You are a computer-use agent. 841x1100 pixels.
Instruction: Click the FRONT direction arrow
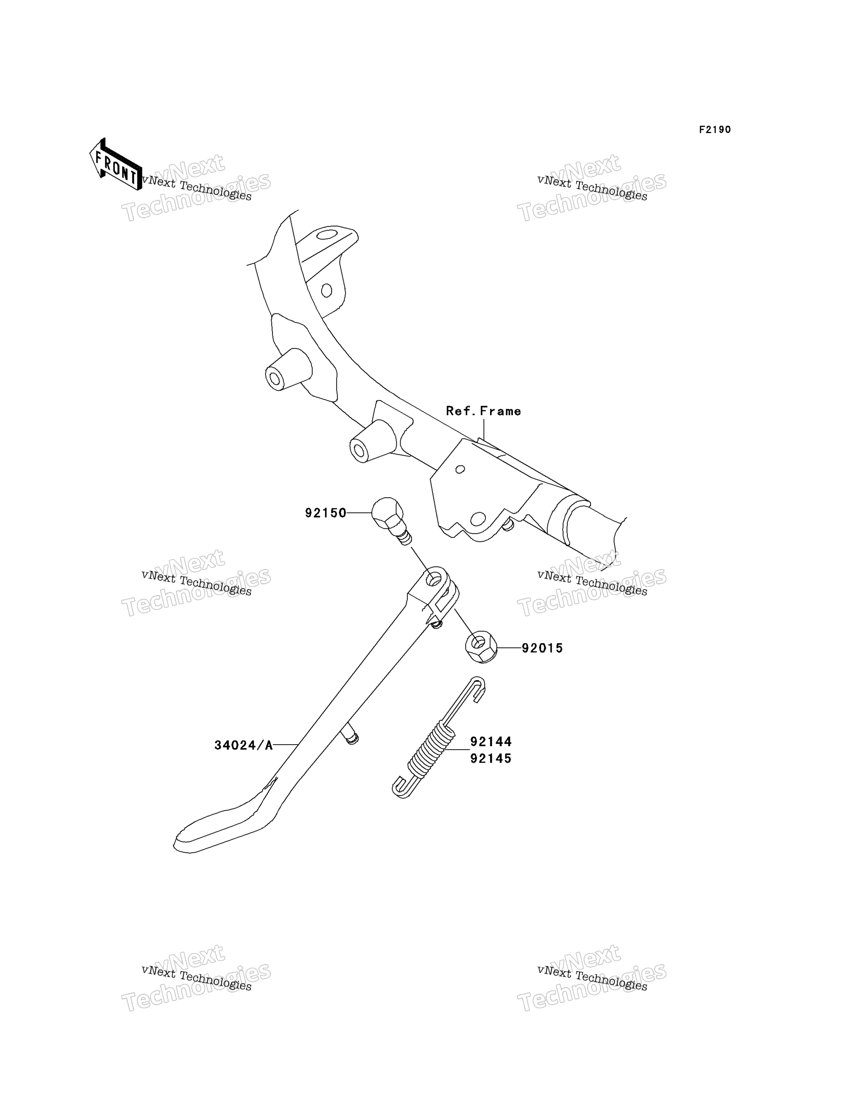115,165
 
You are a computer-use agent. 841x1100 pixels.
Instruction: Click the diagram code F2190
715,130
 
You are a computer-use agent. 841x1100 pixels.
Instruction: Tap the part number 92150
326,513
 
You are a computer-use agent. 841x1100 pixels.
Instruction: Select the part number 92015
543,648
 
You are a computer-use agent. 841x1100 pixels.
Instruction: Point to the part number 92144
491,742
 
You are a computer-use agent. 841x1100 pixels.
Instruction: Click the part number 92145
491,759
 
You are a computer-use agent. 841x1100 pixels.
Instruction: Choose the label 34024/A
244,745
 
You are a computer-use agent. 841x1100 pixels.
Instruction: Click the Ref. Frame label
483,411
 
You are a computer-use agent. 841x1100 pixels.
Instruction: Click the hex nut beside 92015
481,647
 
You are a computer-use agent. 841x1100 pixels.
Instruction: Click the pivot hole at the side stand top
432,580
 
